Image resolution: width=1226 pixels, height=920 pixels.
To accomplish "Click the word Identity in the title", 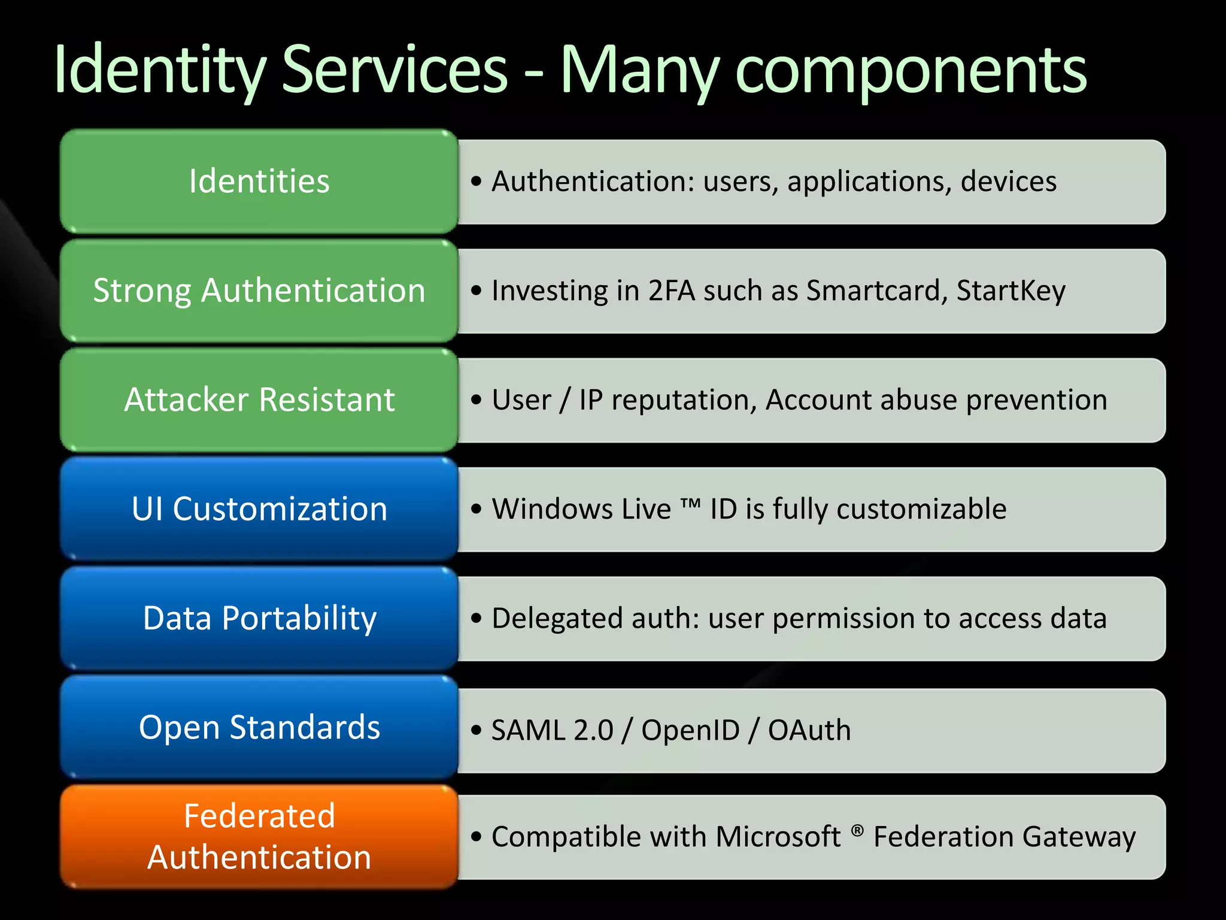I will click(159, 71).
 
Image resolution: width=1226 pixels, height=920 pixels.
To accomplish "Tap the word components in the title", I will click(911, 71).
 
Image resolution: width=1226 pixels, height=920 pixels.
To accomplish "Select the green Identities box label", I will click(259, 181).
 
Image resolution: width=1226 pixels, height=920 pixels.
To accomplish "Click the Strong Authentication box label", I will click(259, 290).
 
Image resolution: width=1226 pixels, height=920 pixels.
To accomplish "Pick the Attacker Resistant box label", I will click(259, 400).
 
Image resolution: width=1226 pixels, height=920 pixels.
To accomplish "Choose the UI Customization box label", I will click(259, 509).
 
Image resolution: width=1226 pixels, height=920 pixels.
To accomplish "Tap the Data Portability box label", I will click(259, 618).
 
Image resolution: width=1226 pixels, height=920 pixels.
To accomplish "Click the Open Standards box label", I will click(259, 727).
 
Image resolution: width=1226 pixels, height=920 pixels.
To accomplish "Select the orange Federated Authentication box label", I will click(259, 836).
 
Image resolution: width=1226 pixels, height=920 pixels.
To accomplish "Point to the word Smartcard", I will click(876, 290).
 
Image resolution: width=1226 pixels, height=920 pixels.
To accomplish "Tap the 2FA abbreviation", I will click(671, 290).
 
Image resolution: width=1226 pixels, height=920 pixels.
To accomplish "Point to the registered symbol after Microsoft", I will click(857, 830).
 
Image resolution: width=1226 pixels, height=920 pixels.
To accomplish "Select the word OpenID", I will click(690, 730).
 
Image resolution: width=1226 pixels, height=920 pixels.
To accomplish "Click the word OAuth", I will click(809, 730).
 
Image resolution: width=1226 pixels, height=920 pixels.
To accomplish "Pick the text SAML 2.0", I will click(552, 730).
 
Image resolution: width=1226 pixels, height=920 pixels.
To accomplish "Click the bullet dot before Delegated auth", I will click(476, 618).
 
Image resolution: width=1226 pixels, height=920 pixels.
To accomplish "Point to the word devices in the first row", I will click(1008, 181).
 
